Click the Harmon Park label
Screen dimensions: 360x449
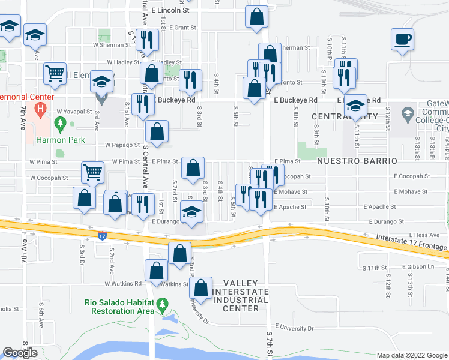pos(59,140)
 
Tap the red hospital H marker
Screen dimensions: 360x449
pos(41,109)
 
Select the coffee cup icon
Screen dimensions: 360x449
pos(402,40)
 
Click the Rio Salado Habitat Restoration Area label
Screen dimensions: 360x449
pos(122,307)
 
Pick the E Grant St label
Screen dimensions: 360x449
pos(182,28)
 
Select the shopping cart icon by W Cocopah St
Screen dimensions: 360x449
pos(92,173)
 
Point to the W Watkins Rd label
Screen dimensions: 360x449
pos(122,284)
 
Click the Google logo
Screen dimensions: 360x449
pos(20,352)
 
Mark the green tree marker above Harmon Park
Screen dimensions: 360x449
pos(60,124)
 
